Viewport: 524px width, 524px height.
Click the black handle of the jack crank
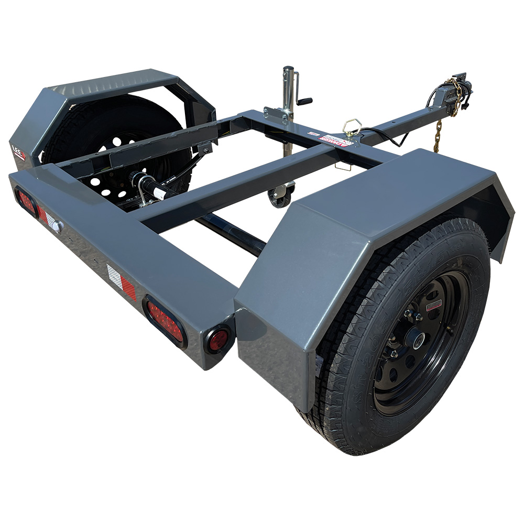coord(304,101)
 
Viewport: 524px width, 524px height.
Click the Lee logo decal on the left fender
coord(19,152)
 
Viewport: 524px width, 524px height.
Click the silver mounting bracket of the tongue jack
coord(277,115)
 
